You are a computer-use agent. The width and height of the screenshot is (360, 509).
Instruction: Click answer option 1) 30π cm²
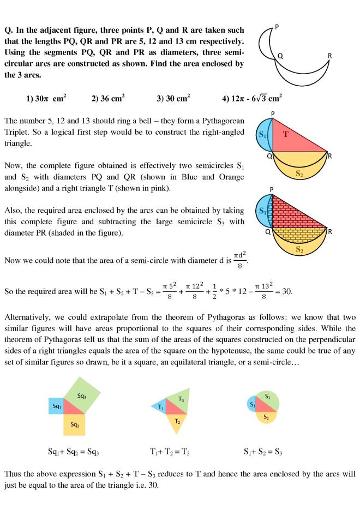click(46, 98)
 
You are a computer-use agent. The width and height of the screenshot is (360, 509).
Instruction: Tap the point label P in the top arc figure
click(277, 25)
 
